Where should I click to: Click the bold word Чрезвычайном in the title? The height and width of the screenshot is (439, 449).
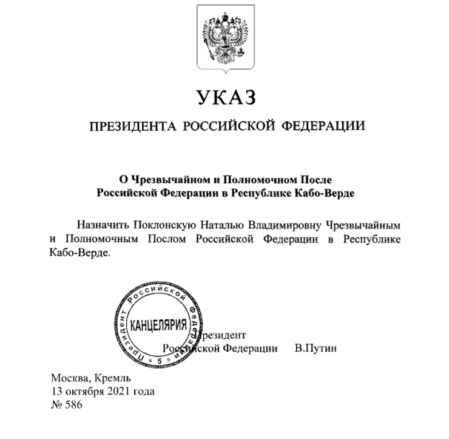point(161,181)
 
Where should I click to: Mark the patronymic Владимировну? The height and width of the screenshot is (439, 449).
point(292,225)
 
